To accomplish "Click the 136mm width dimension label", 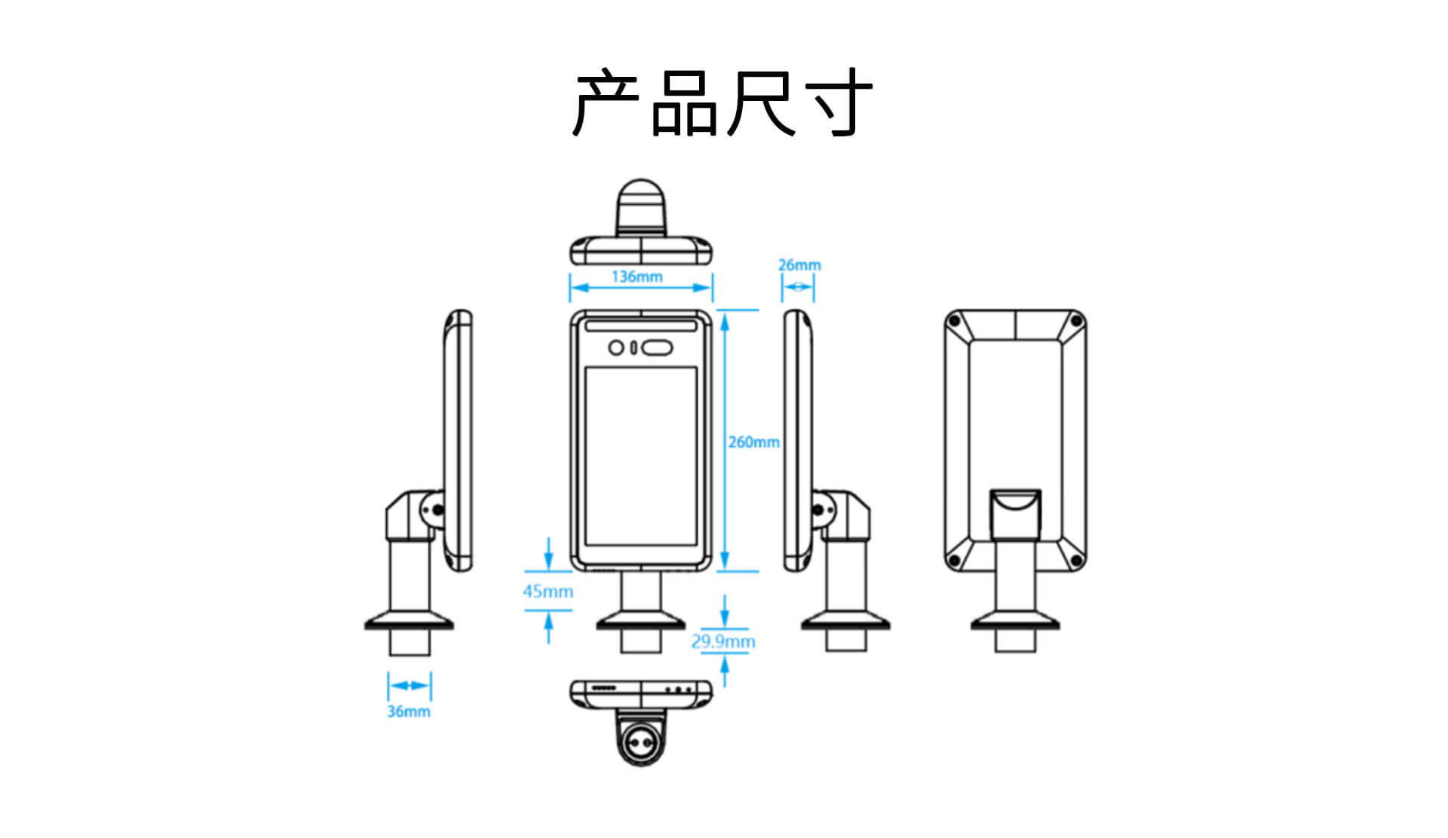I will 637,277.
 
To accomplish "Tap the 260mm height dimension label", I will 753,442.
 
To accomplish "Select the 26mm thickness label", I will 799,265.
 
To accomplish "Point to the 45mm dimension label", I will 548,592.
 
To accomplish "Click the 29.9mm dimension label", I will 722,641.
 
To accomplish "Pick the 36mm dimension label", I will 409,711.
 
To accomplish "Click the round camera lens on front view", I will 616,347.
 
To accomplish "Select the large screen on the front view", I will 640,456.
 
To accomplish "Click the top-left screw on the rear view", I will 954,322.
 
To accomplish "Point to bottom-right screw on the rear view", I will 1076,561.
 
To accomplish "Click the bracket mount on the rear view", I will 1015,512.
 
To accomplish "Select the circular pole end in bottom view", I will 640,745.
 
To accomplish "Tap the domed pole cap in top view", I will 641,207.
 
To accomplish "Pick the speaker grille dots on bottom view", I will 604,688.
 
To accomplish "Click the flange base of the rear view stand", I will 1015,623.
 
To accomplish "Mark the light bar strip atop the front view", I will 640,326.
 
